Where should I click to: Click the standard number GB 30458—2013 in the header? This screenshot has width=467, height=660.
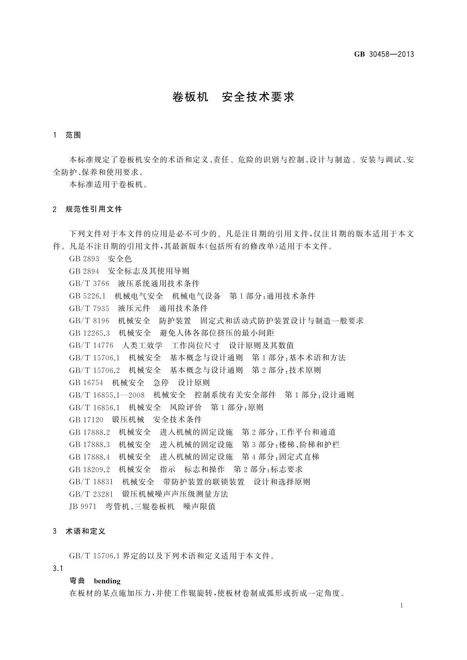[384, 54]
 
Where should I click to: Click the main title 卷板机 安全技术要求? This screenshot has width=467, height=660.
[233, 97]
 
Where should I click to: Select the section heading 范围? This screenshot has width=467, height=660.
[73, 135]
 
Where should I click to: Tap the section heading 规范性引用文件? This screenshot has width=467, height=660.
[94, 209]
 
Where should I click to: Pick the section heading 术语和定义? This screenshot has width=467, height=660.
[85, 531]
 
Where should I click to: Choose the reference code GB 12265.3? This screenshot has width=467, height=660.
[89, 333]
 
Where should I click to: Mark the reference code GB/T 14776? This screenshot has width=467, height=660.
[91, 346]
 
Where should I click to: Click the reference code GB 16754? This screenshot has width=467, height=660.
[86, 383]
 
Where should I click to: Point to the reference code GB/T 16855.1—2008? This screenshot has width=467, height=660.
[107, 395]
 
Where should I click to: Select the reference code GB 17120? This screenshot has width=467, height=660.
[86, 420]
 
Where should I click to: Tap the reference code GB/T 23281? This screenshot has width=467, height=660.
[91, 494]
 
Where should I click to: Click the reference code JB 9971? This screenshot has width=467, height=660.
[82, 507]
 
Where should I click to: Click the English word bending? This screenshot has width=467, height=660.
[107, 581]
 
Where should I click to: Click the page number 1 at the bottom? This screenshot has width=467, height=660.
[402, 606]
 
